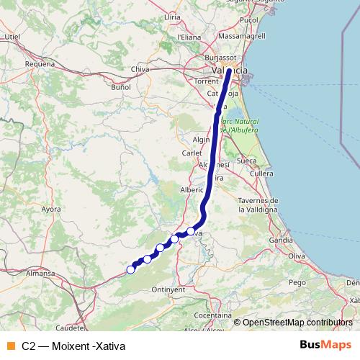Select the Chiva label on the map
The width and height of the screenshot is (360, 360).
point(140,69)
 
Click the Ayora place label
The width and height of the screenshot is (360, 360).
point(51,210)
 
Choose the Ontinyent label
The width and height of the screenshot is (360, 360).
point(170,289)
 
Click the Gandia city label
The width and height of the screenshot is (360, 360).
point(280,239)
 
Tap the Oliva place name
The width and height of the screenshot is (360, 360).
point(297,256)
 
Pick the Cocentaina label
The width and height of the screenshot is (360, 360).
point(213,315)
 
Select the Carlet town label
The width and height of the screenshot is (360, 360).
point(192,153)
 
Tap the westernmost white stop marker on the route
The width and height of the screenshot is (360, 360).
point(130,269)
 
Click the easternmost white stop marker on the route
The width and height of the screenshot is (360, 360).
point(191,231)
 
